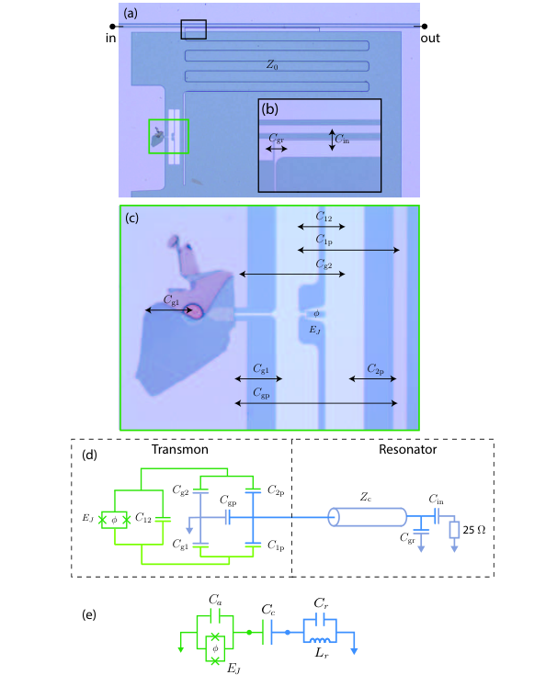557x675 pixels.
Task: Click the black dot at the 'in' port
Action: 112,27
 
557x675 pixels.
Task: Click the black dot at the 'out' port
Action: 425,27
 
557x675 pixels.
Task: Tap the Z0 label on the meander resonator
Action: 272,65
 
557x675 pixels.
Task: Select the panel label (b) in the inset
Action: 270,109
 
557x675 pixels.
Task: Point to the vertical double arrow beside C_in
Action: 332,140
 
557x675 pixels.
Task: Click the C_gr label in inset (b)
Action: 276,138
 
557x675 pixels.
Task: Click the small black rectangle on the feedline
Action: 193,29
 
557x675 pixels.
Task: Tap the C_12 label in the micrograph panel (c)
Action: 324,216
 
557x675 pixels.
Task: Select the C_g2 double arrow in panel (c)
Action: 292,274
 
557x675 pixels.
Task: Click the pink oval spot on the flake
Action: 195,311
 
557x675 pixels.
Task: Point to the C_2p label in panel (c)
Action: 376,369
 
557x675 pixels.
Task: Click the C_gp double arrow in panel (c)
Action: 316,403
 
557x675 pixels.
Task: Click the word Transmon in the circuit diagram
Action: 179,450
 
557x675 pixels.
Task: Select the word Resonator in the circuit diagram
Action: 407,450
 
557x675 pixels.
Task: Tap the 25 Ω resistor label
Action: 474,530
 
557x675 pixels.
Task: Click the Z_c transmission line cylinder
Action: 367,517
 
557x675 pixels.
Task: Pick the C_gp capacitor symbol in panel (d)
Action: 228,517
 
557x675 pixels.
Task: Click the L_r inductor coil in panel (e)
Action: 320,641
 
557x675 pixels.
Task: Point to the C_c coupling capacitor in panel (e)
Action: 267,633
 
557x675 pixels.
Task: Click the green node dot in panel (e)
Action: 249,633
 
